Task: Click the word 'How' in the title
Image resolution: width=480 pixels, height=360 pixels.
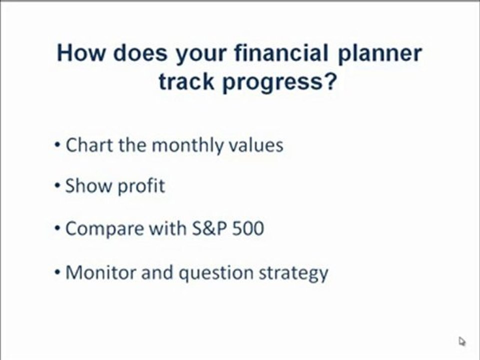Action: pyautogui.click(x=80, y=52)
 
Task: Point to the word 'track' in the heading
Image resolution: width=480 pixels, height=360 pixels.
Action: pyautogui.click(x=186, y=81)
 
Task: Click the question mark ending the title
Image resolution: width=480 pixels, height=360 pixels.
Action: pyautogui.click(x=329, y=81)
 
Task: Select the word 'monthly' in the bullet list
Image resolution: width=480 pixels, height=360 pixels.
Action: pyautogui.click(x=187, y=145)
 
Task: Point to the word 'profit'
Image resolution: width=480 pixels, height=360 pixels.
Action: pyautogui.click(x=141, y=186)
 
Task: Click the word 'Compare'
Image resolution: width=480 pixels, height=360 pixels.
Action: pyautogui.click(x=104, y=229)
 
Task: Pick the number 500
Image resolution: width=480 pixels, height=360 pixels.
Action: pyautogui.click(x=248, y=228)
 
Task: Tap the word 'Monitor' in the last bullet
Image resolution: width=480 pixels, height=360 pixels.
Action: pyautogui.click(x=100, y=272)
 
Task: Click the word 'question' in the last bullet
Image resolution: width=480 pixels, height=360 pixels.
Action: pyautogui.click(x=216, y=273)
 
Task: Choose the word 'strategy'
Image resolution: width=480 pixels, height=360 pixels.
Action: pyautogui.click(x=293, y=273)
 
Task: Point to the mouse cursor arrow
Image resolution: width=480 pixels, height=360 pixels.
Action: pyautogui.click(x=462, y=341)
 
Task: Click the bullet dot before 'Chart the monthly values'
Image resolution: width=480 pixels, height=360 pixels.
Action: pyautogui.click(x=57, y=145)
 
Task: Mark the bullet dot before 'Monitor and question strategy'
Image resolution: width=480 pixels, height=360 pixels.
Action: pyautogui.click(x=57, y=272)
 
